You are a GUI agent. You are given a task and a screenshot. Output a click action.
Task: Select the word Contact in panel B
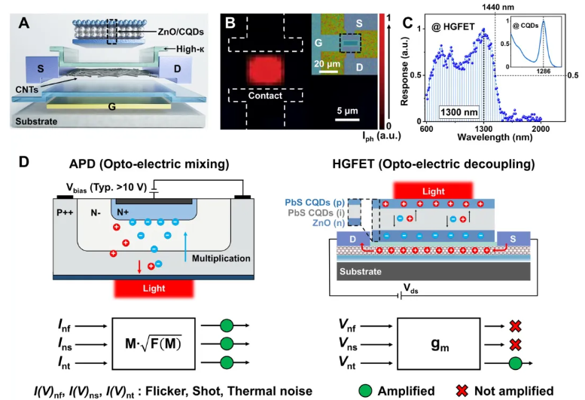[x=260, y=96]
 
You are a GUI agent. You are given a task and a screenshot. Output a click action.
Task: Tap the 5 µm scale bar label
[x=349, y=111]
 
